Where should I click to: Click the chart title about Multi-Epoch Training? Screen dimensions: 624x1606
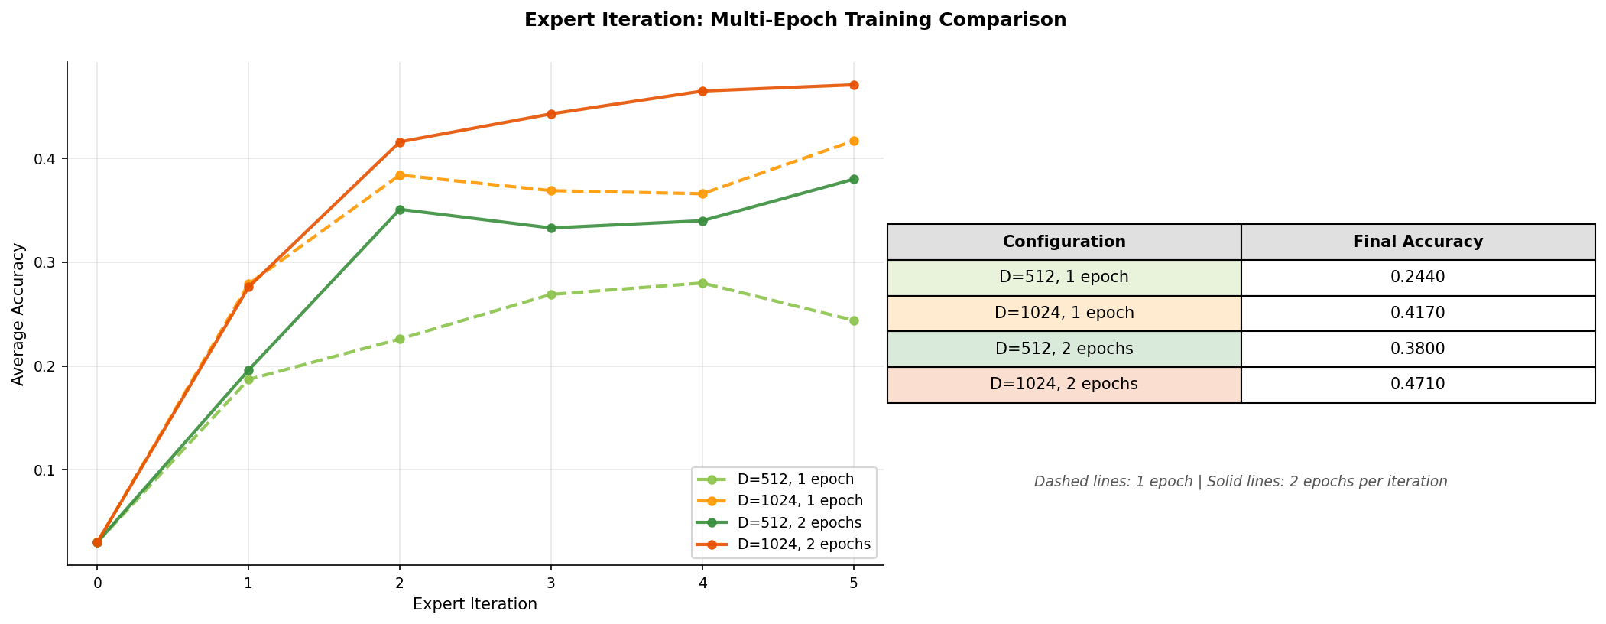click(x=795, y=20)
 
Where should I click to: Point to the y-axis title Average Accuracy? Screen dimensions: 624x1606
click(x=18, y=314)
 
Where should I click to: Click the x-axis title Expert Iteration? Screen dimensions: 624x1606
click(x=475, y=604)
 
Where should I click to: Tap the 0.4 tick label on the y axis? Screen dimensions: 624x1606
click(x=45, y=159)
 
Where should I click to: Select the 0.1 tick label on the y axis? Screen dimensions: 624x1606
click(x=45, y=470)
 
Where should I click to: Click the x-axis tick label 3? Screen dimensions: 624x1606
click(x=551, y=583)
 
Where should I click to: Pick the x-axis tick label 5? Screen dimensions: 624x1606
click(x=854, y=583)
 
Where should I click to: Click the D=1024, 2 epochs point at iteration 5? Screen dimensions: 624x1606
click(x=854, y=85)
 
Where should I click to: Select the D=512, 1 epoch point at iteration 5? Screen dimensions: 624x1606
click(x=854, y=320)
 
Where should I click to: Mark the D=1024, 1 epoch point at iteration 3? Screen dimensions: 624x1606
click(x=551, y=190)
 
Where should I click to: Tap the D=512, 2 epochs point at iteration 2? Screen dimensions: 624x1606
click(x=400, y=210)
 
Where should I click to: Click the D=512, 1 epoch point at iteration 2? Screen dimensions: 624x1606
click(x=400, y=339)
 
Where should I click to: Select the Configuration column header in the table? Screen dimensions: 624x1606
click(x=1064, y=242)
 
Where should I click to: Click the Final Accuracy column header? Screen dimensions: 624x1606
click(x=1418, y=242)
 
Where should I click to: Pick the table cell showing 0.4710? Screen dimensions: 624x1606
click(x=1418, y=384)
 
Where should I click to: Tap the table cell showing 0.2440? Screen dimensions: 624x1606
click(x=1418, y=277)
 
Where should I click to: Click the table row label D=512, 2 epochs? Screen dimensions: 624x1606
click(x=1064, y=349)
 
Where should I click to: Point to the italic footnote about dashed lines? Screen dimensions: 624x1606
click(x=1241, y=482)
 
